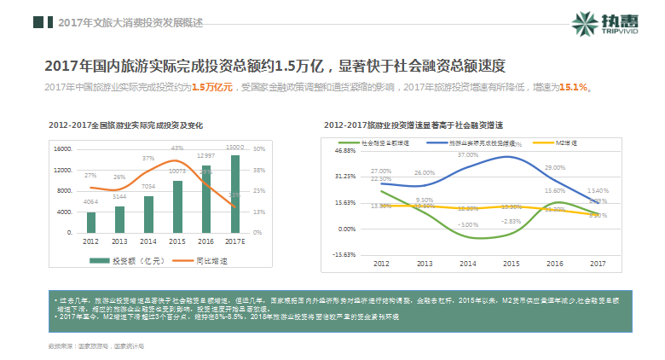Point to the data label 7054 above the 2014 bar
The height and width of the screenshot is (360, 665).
148,187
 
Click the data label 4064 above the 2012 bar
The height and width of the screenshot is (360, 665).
91,201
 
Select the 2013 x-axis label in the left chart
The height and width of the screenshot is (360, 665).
120,241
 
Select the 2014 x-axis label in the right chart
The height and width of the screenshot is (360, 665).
467,264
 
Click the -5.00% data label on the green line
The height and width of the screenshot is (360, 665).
467,224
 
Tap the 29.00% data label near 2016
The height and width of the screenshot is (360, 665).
555,167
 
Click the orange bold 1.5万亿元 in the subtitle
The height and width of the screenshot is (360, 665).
212,87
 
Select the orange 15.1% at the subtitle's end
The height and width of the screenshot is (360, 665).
572,87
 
